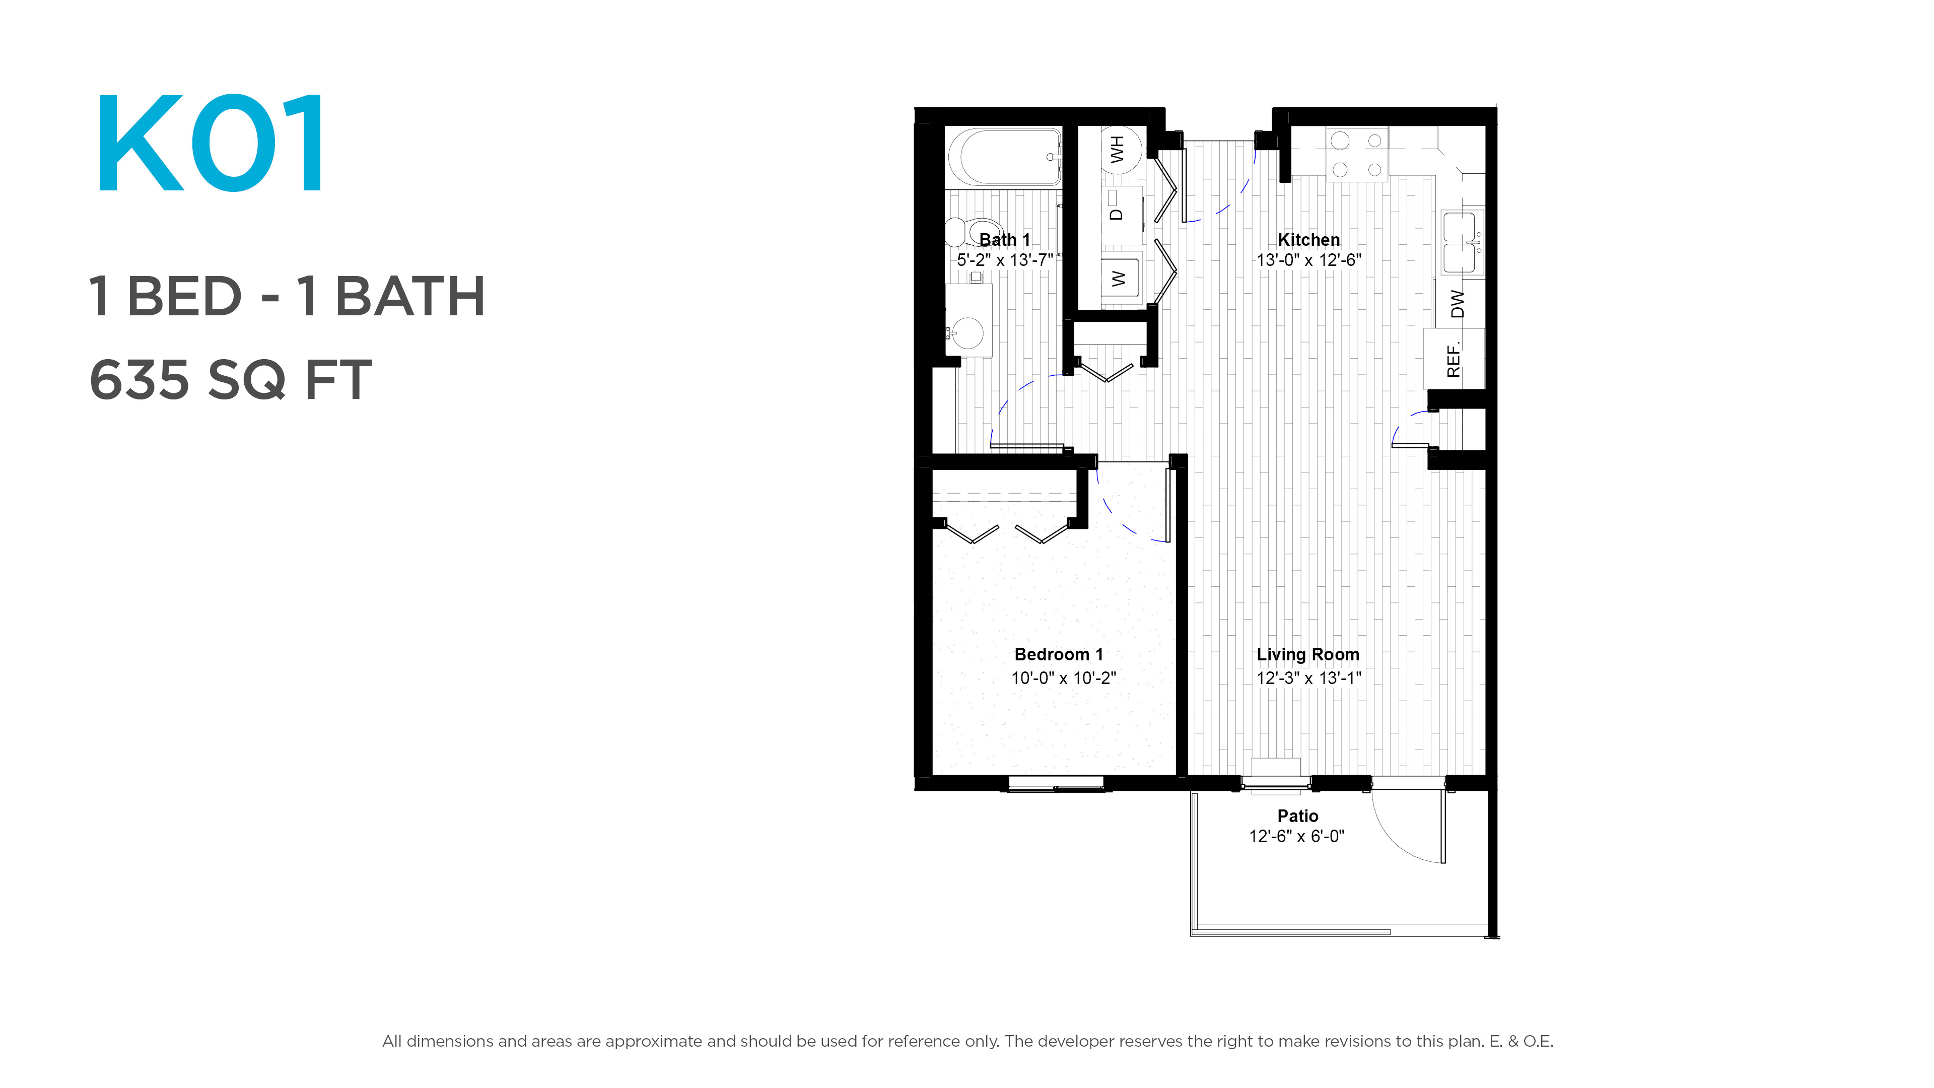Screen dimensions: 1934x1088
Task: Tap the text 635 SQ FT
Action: click(x=231, y=380)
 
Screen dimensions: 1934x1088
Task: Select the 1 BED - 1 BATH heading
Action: click(x=287, y=297)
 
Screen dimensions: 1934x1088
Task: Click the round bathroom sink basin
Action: click(x=968, y=332)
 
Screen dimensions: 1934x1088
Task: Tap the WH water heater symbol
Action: click(x=1120, y=150)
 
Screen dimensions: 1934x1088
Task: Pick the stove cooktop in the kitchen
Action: click(x=1357, y=154)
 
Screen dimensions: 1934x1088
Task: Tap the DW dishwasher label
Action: click(x=1457, y=304)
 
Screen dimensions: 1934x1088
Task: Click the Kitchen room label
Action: click(x=1308, y=240)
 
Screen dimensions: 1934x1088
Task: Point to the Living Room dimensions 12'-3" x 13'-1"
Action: click(x=1308, y=678)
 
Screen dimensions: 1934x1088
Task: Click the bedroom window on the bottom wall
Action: click(x=1056, y=784)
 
